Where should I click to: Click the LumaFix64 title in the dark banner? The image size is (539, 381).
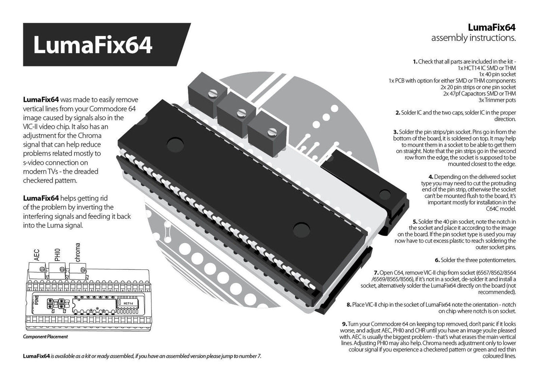[x=93, y=45]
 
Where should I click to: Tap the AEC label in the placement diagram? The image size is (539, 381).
[x=37, y=255]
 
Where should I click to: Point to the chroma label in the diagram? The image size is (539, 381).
[x=78, y=252]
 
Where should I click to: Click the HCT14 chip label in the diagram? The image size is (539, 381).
[x=128, y=303]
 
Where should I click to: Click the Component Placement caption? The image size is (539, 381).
[x=46, y=337]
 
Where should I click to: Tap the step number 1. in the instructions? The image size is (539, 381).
[x=415, y=62]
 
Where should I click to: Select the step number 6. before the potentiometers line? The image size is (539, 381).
[x=438, y=260]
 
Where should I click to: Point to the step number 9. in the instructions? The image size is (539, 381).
[x=345, y=324]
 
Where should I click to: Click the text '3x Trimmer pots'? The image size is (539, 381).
[x=497, y=100]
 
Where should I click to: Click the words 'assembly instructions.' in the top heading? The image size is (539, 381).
[x=474, y=38]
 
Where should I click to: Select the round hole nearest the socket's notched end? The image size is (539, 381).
[x=175, y=145]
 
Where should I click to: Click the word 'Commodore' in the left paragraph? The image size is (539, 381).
[x=108, y=109]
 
